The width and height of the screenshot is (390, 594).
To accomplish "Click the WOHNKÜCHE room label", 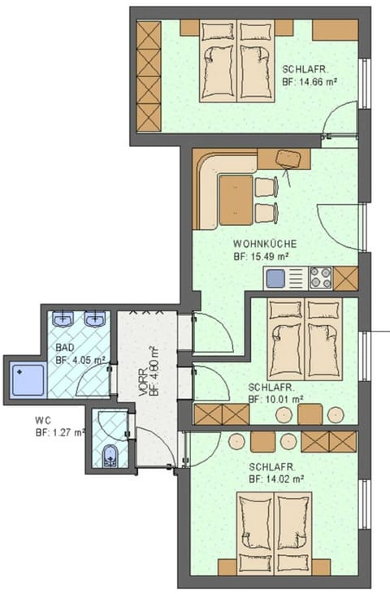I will (x=265, y=243).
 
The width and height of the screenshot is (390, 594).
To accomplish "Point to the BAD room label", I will (x=64, y=347).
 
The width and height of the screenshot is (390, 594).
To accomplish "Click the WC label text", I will (x=44, y=421).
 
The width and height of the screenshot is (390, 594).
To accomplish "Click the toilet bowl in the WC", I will (x=110, y=456).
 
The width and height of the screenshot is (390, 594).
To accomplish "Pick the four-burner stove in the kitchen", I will (x=319, y=278).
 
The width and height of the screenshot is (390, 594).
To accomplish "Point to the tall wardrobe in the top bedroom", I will (x=149, y=76).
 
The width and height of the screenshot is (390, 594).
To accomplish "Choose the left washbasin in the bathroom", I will (x=65, y=319).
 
